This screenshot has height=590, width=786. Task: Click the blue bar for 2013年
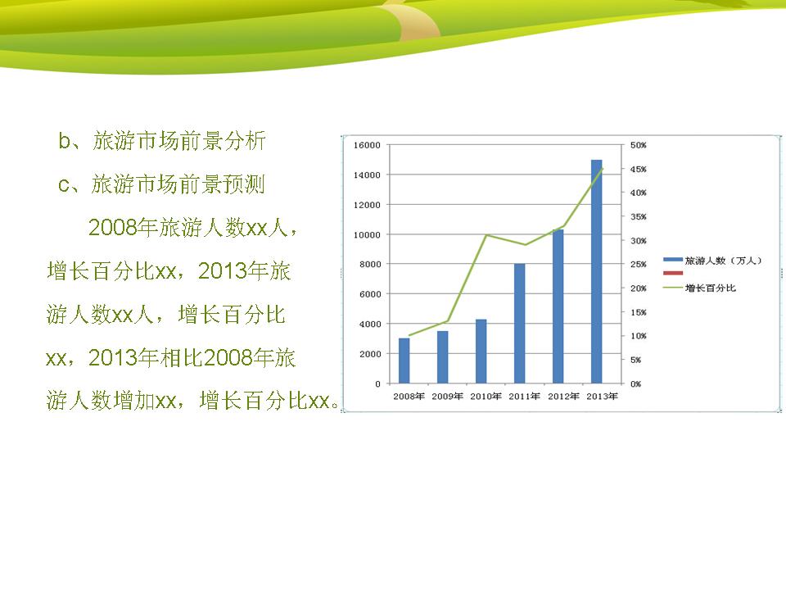[597, 271]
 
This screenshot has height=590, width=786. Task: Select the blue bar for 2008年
[404, 361]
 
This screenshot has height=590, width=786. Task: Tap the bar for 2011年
[519, 324]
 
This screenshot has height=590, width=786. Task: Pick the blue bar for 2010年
[481, 352]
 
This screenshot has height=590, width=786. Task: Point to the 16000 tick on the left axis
[367, 145]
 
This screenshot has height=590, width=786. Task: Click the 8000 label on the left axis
[370, 265]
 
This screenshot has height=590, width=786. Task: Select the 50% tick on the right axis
[638, 145]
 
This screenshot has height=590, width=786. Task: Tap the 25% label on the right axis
[638, 265]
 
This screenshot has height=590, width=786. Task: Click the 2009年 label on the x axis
[447, 397]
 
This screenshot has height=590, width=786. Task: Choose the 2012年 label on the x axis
[563, 397]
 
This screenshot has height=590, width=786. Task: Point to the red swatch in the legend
[673, 273]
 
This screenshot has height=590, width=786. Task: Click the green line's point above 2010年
[486, 235]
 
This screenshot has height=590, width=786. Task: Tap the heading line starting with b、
[162, 141]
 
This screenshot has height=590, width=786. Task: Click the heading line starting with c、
[161, 184]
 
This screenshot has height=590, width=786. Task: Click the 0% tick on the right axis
[635, 383]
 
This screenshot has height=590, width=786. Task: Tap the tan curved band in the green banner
[416, 20]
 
